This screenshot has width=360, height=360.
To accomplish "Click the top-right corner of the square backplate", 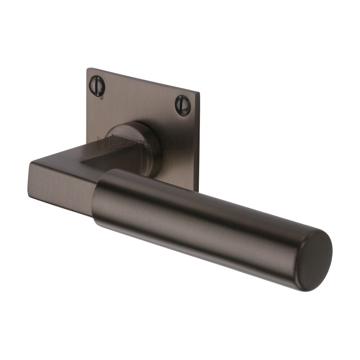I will (x=199, y=93).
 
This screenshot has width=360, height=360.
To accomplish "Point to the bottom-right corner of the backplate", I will (x=197, y=191).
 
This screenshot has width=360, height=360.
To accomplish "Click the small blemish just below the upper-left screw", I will (x=102, y=98).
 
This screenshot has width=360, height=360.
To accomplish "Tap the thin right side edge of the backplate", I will (x=198, y=144).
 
